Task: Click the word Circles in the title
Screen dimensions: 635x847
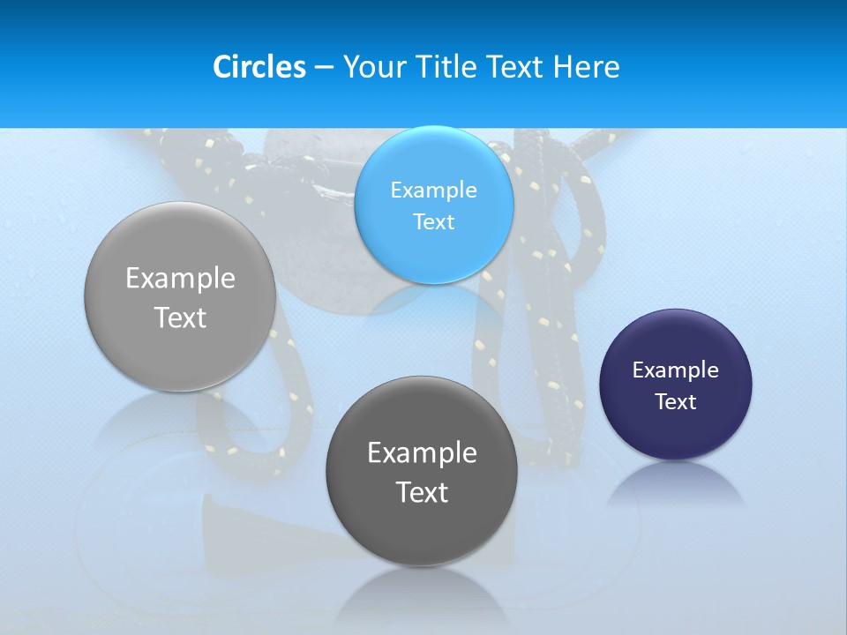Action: click(259, 67)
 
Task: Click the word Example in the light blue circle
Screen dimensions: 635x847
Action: click(433, 190)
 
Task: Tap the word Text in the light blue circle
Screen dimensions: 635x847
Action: click(433, 221)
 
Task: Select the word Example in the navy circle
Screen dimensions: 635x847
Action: click(676, 370)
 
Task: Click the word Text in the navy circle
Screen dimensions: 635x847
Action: click(676, 401)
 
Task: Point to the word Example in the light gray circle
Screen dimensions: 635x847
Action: click(180, 278)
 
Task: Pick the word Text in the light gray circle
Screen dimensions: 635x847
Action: click(180, 317)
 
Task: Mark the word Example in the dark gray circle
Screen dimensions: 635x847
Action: click(422, 452)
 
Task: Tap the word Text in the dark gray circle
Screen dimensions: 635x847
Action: click(422, 492)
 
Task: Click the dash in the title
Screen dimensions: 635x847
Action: click(324, 68)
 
